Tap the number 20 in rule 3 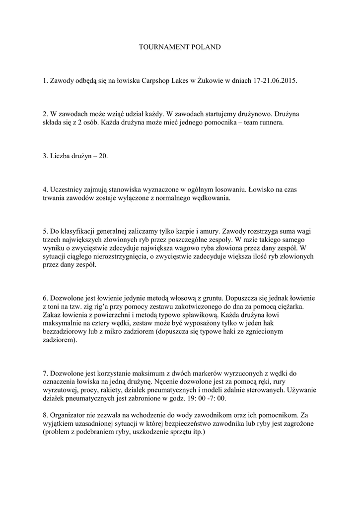pyautogui.click(x=103, y=156)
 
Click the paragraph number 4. pyautogui.click(x=45, y=190)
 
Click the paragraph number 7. pyautogui.click(x=45, y=373)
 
